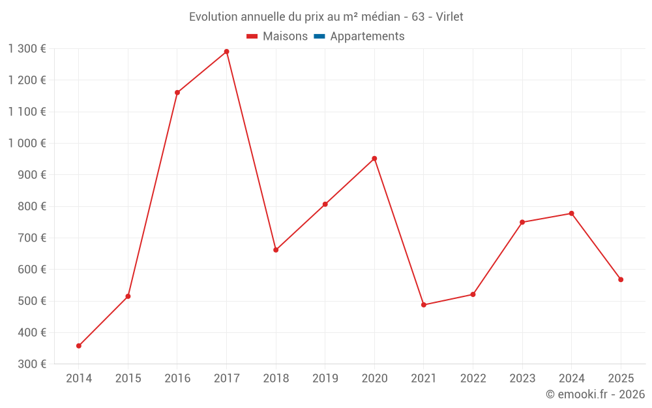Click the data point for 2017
click(x=226, y=52)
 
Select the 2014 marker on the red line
click(x=79, y=346)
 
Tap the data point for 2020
click(x=374, y=159)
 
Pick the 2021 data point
click(x=424, y=305)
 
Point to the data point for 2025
click(x=621, y=279)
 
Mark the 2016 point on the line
click(x=177, y=93)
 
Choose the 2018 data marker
click(x=276, y=250)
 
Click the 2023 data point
click(x=522, y=222)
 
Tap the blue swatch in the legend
click(x=319, y=37)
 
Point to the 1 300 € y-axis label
click(x=27, y=48)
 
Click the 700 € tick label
click(x=33, y=238)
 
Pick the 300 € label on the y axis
click(x=33, y=364)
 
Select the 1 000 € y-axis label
click(x=27, y=143)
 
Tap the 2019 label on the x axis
click(x=325, y=378)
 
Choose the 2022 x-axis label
click(x=473, y=378)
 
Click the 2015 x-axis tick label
click(x=128, y=378)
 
